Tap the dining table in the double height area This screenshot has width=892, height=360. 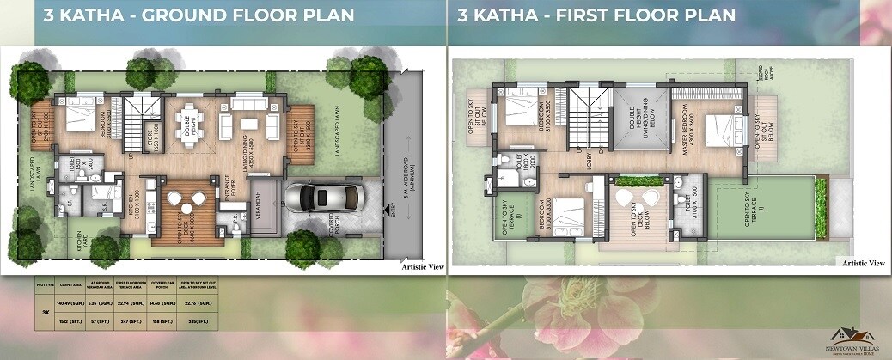tap(186, 124)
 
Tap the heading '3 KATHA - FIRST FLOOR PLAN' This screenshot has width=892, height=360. tap(595, 15)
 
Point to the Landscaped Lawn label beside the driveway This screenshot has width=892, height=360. tap(339, 129)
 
